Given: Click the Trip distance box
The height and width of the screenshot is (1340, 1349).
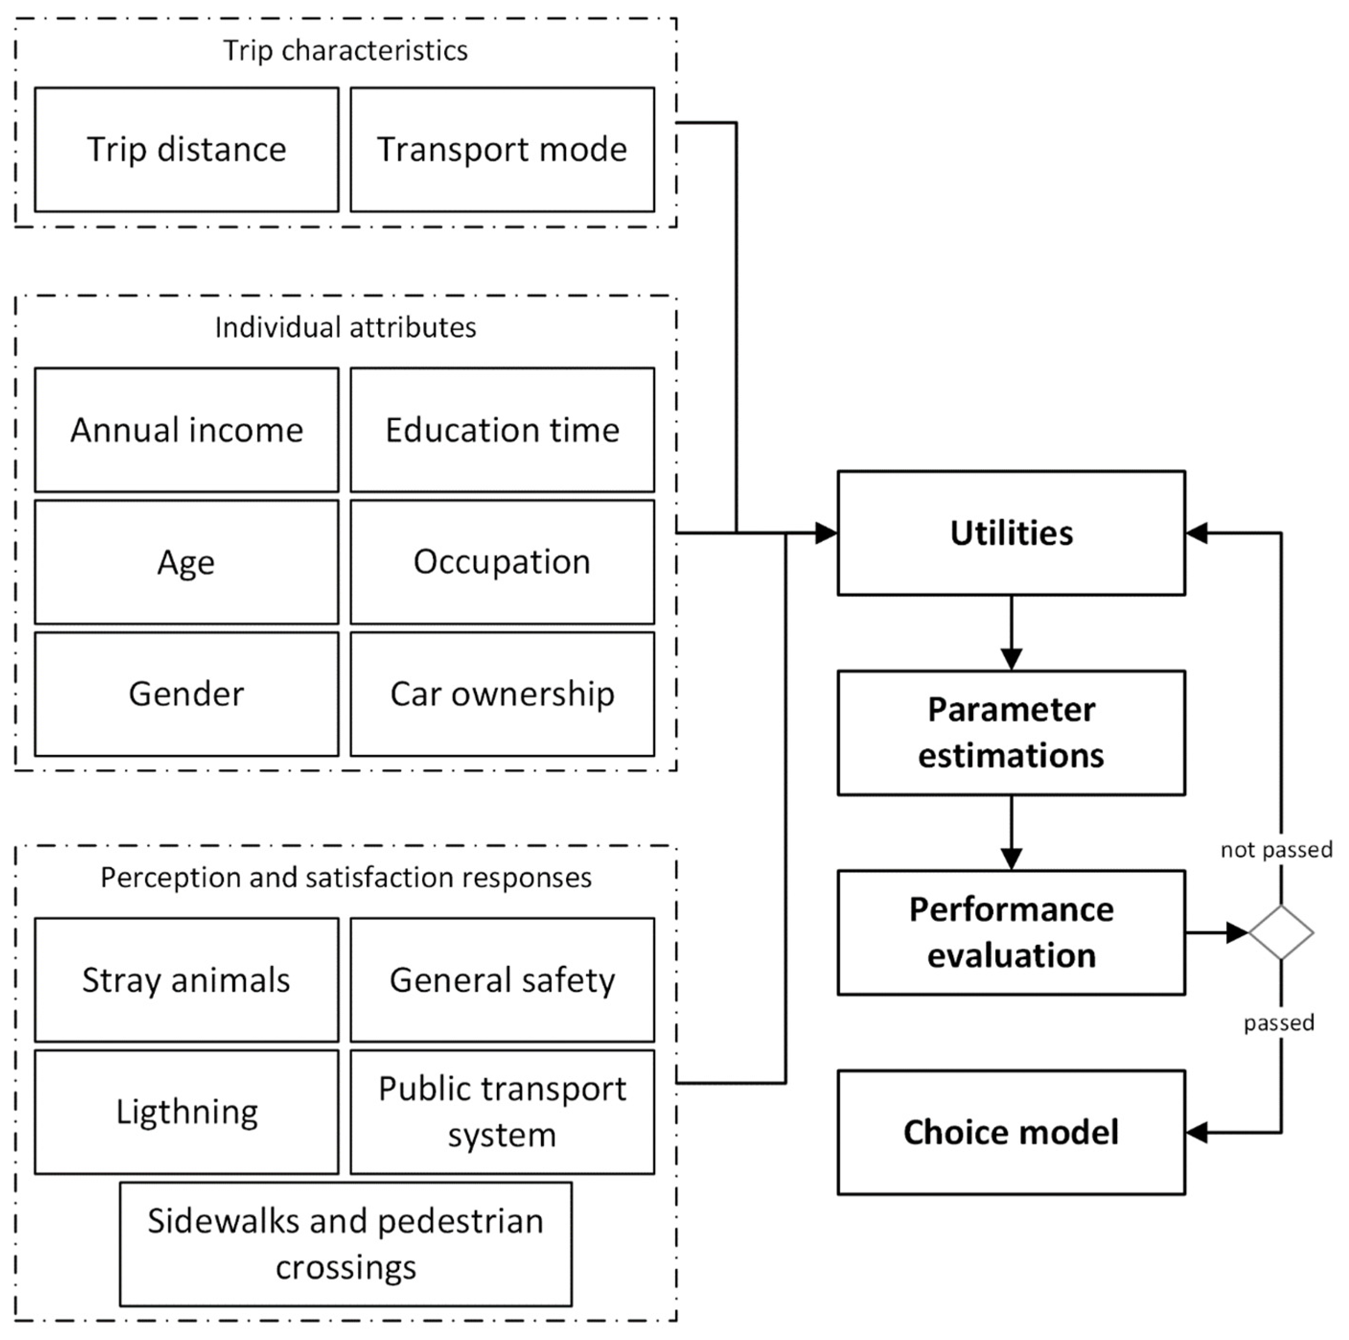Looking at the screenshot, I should pyautogui.click(x=186, y=149).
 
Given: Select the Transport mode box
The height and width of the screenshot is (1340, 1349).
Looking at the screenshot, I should pyautogui.click(x=502, y=149).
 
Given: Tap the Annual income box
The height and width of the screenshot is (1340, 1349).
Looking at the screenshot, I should pyautogui.click(x=186, y=430).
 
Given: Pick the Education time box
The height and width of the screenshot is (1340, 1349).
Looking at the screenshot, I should pyautogui.click(x=502, y=430).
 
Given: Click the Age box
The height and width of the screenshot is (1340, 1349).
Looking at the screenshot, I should pyautogui.click(x=186, y=562).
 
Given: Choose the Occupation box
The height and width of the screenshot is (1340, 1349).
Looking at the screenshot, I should pyautogui.click(x=502, y=562).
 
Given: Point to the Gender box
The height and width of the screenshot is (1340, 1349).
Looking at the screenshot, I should pyautogui.click(x=186, y=694).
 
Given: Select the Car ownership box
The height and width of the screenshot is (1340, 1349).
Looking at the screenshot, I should pyautogui.click(x=502, y=694).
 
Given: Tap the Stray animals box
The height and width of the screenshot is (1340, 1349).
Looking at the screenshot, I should pyautogui.click(x=186, y=980).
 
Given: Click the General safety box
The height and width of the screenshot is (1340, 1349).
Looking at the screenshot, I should pyautogui.click(x=502, y=980).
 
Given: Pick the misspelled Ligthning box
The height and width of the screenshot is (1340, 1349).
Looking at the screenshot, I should pyautogui.click(x=186, y=1112).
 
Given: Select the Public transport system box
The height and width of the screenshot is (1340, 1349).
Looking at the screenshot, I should pyautogui.click(x=502, y=1112).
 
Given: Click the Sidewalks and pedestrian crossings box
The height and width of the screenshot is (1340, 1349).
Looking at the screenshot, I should pyautogui.click(x=346, y=1244).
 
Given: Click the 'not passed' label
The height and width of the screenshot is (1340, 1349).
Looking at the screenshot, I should pyautogui.click(x=1276, y=849).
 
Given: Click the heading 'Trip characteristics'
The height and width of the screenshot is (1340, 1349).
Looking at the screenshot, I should pyautogui.click(x=346, y=50).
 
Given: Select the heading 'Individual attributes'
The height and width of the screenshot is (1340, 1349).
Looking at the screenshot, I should pyautogui.click(x=346, y=327).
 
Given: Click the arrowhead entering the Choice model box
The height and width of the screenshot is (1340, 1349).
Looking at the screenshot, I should pyautogui.click(x=1197, y=1132).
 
